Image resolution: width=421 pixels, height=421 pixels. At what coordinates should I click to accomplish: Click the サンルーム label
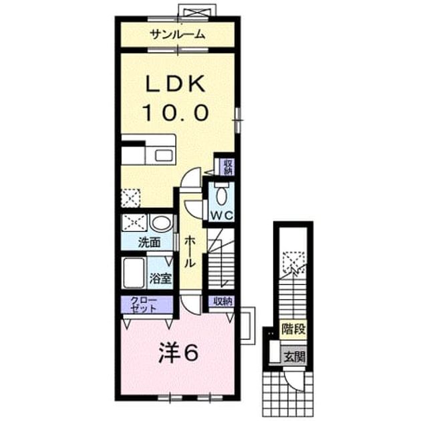pos(178,35)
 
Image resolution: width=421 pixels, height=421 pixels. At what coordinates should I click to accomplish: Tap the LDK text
pos(176,84)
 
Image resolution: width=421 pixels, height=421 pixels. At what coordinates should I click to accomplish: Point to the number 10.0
pos(176,113)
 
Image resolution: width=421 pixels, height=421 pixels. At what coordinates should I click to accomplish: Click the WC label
pos(222,215)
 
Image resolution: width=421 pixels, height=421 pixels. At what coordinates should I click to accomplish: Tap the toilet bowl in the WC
pos(222,195)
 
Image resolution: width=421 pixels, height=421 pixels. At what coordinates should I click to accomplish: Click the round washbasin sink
pos(161,223)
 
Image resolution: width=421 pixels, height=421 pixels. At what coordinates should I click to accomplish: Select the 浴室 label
pos(160,279)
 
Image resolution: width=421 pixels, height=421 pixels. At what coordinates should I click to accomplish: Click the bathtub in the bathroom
pos(134,273)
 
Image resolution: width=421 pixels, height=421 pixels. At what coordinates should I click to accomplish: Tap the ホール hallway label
pos(190,251)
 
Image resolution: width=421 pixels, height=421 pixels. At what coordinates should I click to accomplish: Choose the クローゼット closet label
pos(143,305)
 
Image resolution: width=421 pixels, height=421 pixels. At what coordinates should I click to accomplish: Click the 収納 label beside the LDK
pos(229,167)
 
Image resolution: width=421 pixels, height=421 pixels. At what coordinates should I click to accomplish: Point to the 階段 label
pos(293,329)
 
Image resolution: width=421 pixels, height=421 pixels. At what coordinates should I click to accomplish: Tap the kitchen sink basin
pos(164,155)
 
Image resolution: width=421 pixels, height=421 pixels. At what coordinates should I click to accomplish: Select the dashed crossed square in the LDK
pos(131,198)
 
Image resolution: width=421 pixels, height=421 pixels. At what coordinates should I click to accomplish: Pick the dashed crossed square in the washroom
pos(135,223)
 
